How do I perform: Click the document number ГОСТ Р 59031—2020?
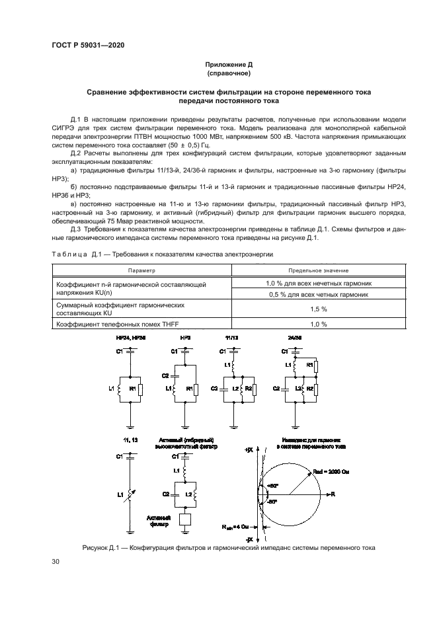click(88, 44)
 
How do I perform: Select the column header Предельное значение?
click(319, 270)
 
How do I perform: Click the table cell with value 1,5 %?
click(319, 309)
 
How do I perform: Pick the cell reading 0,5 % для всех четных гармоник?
click(319, 294)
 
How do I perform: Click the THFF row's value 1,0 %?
click(319, 324)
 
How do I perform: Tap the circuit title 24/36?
click(295, 338)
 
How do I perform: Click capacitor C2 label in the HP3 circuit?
click(167, 375)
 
